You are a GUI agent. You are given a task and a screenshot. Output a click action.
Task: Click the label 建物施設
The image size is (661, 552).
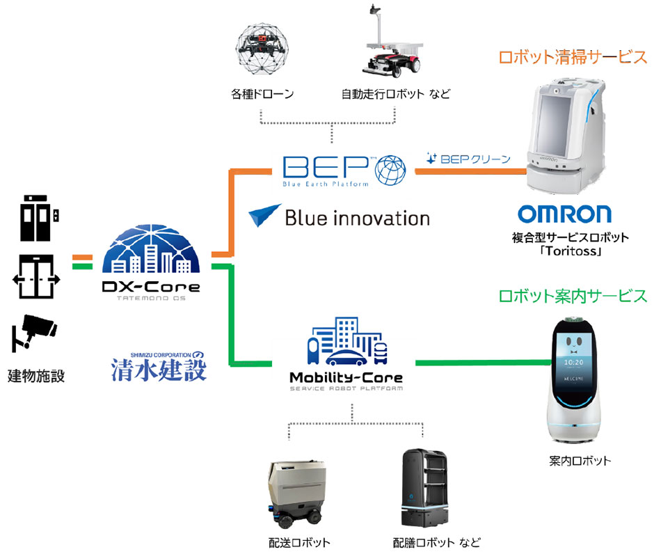pyautogui.click(x=36, y=377)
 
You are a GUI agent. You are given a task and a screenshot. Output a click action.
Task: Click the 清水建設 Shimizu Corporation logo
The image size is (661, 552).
pyautogui.click(x=159, y=365)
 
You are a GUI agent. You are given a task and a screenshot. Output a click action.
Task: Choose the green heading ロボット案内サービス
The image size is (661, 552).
pyautogui.click(x=573, y=295)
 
